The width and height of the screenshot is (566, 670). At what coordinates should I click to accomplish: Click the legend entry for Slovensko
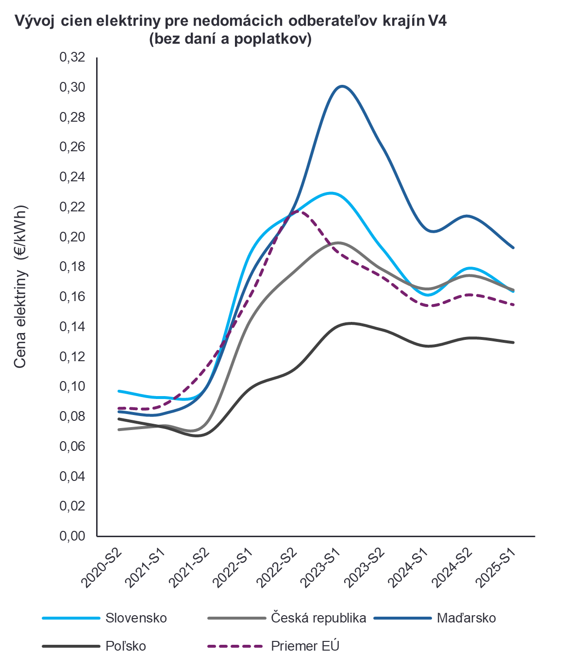click(136, 618)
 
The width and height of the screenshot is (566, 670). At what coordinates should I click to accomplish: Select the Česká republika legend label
click(318, 618)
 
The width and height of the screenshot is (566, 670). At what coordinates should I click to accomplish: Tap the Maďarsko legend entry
click(466, 618)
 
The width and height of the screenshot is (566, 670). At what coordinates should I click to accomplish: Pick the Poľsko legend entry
click(126, 646)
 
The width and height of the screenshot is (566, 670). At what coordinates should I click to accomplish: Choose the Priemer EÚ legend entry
click(305, 646)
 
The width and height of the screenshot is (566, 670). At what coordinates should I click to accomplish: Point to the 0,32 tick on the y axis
click(72, 57)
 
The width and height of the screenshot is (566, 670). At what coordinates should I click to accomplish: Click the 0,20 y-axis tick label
click(72, 237)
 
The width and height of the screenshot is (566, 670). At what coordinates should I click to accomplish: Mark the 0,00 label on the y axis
click(72, 536)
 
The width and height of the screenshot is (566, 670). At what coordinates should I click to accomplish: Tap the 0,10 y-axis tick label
click(72, 386)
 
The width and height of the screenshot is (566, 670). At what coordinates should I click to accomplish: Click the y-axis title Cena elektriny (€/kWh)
click(20, 286)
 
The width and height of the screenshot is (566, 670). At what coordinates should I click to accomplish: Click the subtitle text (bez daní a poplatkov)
click(230, 39)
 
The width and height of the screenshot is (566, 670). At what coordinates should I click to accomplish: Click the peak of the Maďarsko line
click(342, 86)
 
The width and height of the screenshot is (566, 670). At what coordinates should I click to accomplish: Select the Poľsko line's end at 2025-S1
click(514, 342)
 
